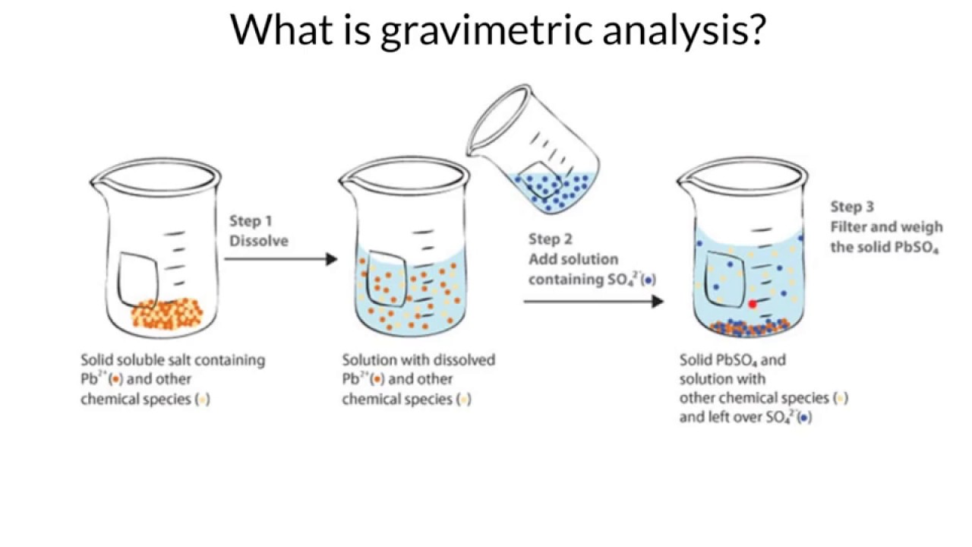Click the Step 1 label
(251, 221)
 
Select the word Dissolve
(259, 241)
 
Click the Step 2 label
(551, 239)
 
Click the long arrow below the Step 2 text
(593, 301)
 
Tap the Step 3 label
(851, 207)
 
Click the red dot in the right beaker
(753, 304)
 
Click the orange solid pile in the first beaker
(167, 312)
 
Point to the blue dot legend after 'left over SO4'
(804, 418)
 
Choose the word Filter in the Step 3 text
(849, 226)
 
